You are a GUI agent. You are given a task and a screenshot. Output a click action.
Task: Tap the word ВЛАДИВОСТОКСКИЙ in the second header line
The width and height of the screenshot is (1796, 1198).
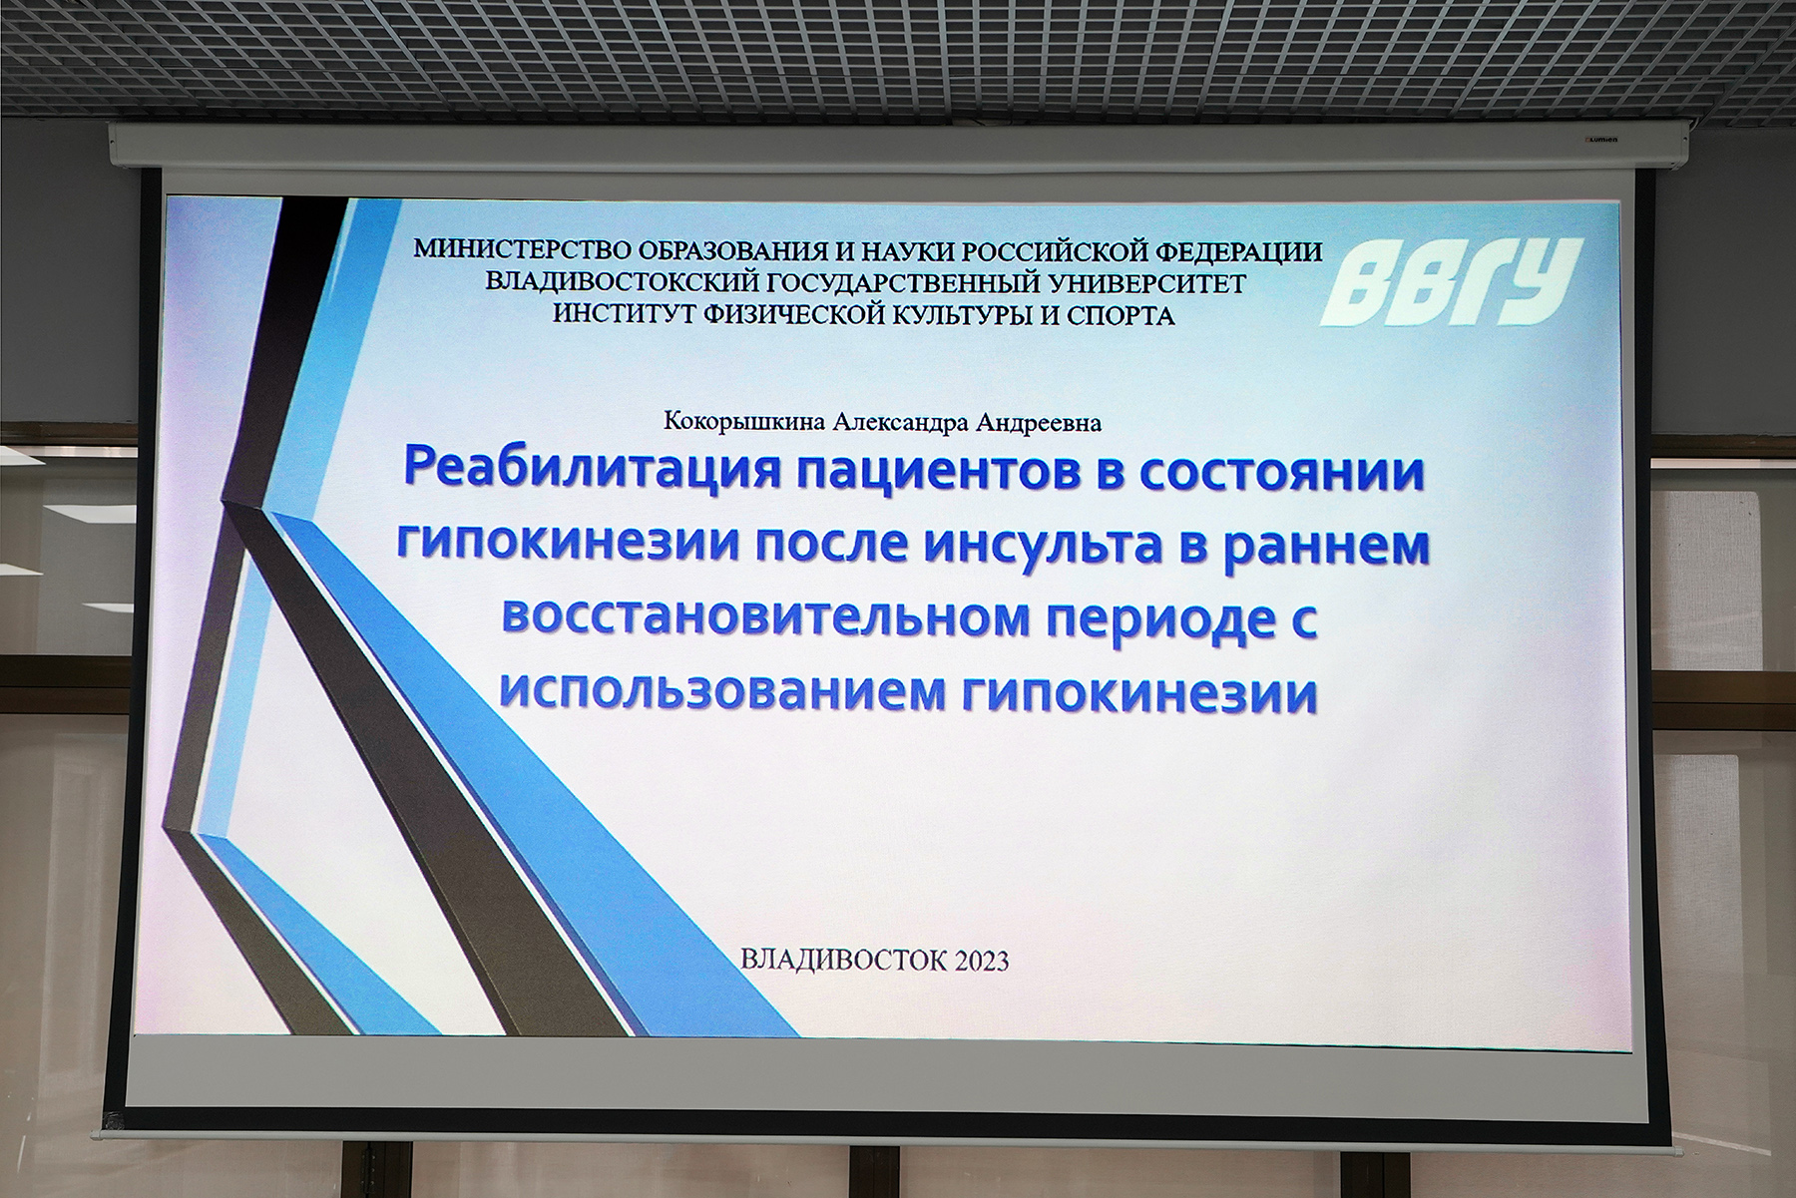click(610, 282)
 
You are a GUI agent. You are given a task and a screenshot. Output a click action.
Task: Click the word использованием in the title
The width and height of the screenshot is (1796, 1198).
click(722, 691)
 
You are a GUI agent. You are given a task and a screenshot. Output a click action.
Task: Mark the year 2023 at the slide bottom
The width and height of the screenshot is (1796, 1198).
click(982, 961)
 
